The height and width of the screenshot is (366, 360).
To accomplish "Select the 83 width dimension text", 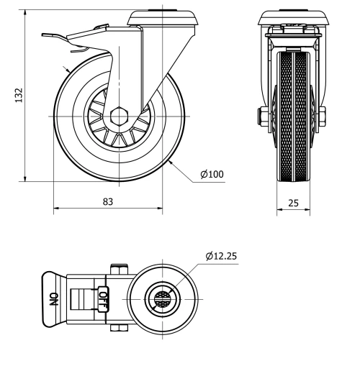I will pyautogui.click(x=107, y=202).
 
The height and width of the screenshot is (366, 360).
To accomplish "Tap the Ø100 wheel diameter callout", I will pyautogui.click(x=212, y=174).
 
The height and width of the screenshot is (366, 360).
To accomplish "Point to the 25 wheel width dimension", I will pyautogui.click(x=293, y=203).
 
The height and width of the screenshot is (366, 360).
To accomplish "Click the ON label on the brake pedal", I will pyautogui.click(x=53, y=298).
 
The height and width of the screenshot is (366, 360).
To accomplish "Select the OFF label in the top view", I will pyautogui.click(x=103, y=298).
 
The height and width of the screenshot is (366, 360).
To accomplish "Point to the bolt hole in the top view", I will pyautogui.click(x=162, y=298).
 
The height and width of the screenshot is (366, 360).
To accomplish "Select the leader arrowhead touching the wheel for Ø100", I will pyautogui.click(x=171, y=164).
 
